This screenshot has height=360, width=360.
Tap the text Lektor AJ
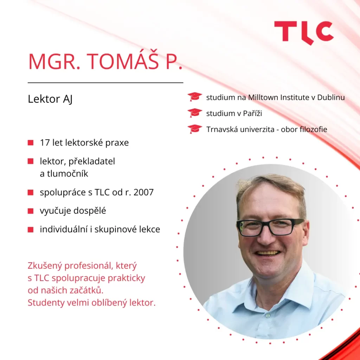pyautogui.click(x=50, y=99)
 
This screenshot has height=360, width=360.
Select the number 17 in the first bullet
pyautogui.click(x=45, y=143)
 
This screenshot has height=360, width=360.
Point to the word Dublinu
pyautogui.click(x=331, y=97)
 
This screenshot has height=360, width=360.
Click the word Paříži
pyautogui.click(x=252, y=113)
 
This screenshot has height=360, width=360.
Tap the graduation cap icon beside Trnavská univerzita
pyautogui.click(x=195, y=129)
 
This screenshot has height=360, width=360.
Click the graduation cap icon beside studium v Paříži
pyautogui.click(x=195, y=113)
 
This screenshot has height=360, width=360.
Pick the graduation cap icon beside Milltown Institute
pyautogui.click(x=195, y=97)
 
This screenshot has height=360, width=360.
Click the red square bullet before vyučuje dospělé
pyautogui.click(x=31, y=211)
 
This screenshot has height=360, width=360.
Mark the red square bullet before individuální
pyautogui.click(x=31, y=230)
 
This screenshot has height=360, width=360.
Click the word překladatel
pyautogui.click(x=92, y=161)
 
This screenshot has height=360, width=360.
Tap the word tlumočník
pyautogui.click(x=67, y=174)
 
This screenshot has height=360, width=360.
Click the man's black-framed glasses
pyautogui.click(x=270, y=227)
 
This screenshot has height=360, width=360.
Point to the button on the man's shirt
pyautogui.click(x=268, y=316)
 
